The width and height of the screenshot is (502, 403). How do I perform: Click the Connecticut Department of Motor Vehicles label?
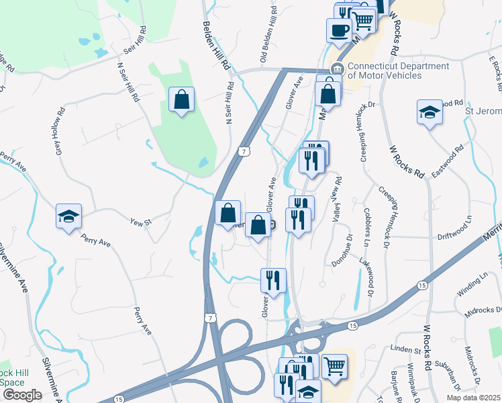(x=397, y=71)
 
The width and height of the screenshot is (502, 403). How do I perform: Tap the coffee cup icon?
(x=339, y=29)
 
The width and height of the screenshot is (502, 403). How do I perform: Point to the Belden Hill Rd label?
(x=216, y=46)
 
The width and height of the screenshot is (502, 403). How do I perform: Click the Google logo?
(x=22, y=395)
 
